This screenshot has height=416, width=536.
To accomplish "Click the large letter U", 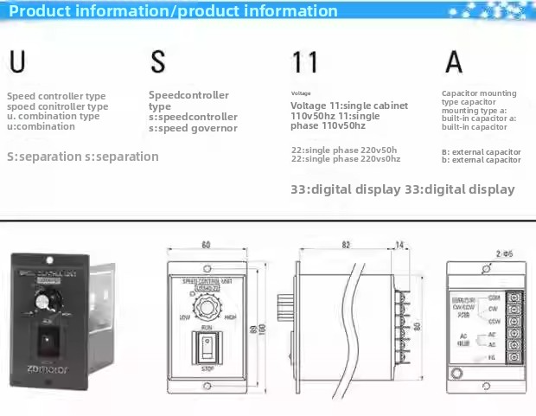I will pyautogui.click(x=16, y=62).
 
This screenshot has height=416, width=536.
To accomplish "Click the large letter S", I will pyautogui.click(x=157, y=62).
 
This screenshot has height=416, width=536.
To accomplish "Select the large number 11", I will pyautogui.click(x=304, y=62).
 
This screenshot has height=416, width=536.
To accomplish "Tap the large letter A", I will pyautogui.click(x=454, y=62).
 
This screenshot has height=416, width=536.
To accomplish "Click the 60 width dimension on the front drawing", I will pyautogui.click(x=206, y=245).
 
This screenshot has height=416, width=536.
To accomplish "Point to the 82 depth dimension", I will pyautogui.click(x=346, y=245).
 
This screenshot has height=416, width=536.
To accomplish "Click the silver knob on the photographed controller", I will pyautogui.click(x=41, y=301).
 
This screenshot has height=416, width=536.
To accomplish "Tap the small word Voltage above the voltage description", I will pyautogui.click(x=300, y=93).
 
